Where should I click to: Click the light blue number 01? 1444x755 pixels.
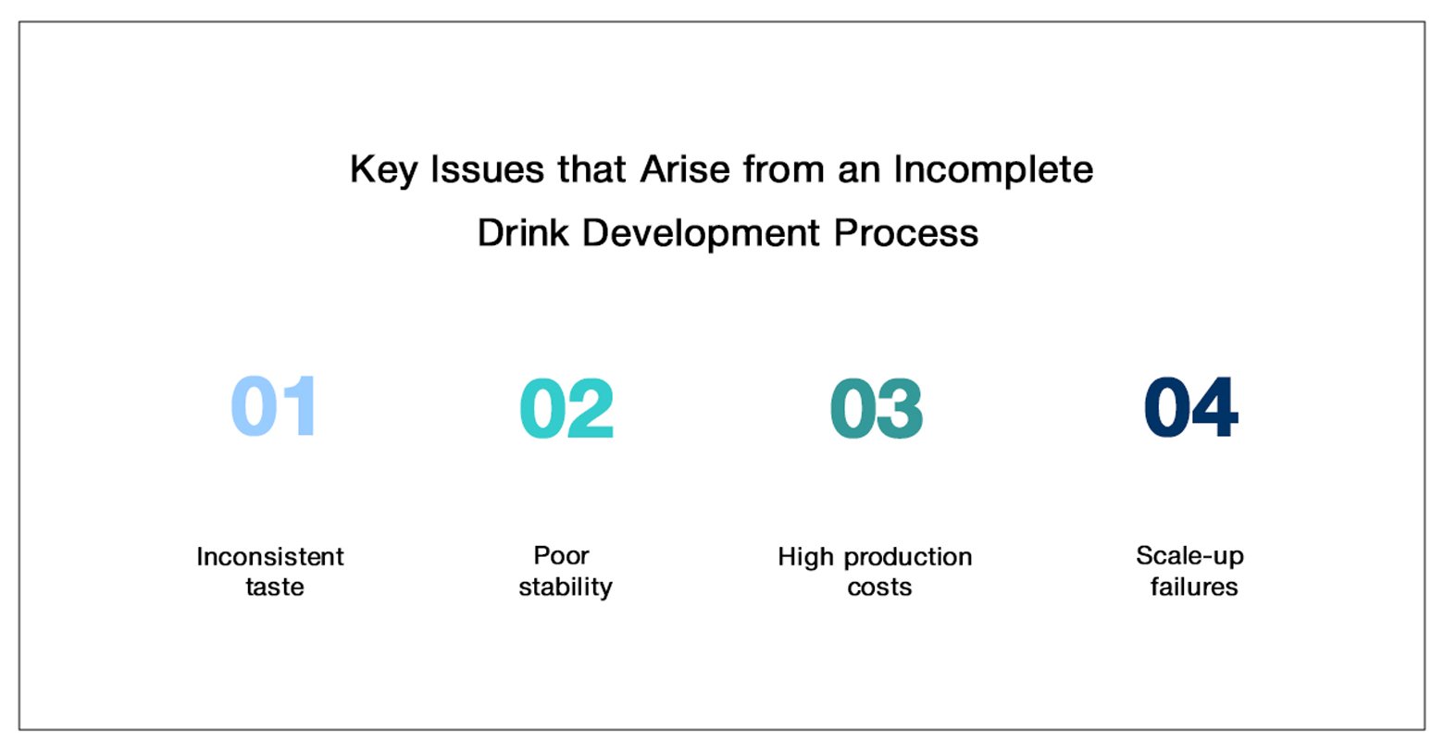(274, 406)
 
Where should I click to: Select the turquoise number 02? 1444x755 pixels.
(566, 408)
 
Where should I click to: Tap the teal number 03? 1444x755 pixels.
(877, 408)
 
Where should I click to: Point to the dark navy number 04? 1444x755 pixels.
(1190, 406)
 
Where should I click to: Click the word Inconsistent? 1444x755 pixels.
(270, 557)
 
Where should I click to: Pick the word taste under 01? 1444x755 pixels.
(275, 587)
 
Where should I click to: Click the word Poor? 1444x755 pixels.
(562, 555)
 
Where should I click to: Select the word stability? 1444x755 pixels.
(566, 588)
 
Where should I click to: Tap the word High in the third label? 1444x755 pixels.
(805, 558)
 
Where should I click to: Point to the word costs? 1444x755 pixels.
(879, 588)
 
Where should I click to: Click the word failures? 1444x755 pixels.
(1194, 587)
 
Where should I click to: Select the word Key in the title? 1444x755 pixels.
(384, 171)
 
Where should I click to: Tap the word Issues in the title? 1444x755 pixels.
(487, 169)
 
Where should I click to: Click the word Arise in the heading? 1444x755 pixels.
(685, 169)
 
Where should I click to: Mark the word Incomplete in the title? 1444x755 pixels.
(993, 171)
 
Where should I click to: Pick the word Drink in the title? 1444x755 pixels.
(524, 232)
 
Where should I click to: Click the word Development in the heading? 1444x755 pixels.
(701, 234)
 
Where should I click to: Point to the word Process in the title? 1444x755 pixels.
(905, 232)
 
